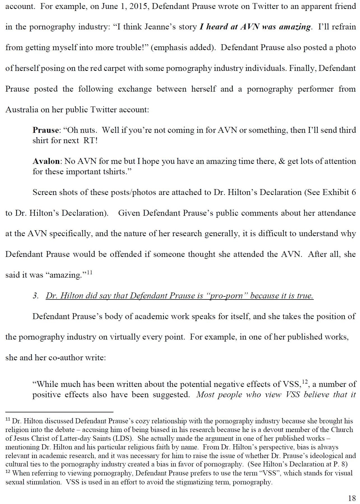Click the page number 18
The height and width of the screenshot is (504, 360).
(x=352, y=498)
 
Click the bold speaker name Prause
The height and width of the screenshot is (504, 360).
(x=46, y=130)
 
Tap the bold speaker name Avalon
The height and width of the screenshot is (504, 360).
(x=46, y=161)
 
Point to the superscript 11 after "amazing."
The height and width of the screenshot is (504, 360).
(x=89, y=272)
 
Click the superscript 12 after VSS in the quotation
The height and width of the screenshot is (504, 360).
(x=305, y=381)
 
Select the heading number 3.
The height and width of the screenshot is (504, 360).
(x=36, y=296)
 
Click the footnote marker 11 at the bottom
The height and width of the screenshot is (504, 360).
(x=8, y=420)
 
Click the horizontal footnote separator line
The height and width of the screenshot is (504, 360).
(x=59, y=412)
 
